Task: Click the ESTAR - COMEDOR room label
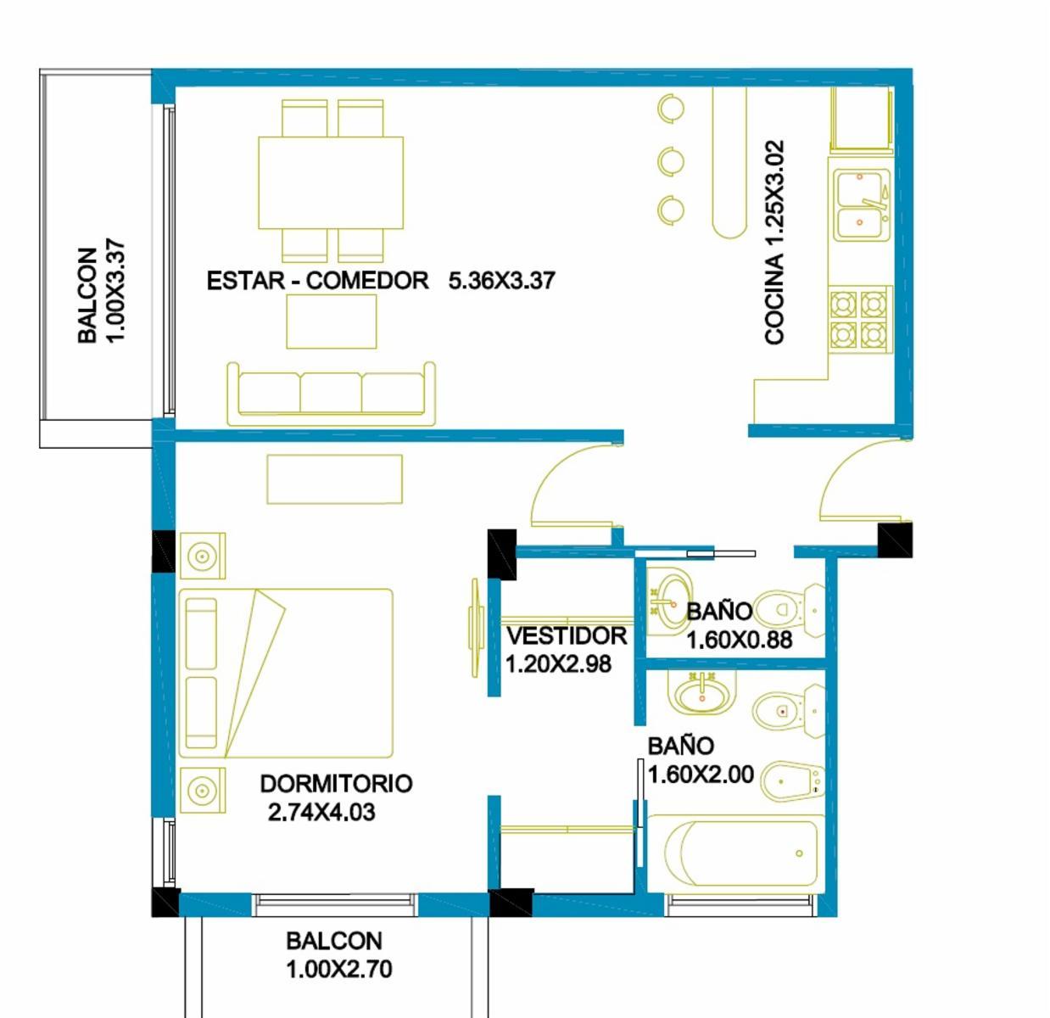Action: (318, 281)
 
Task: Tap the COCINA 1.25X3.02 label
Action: (774, 243)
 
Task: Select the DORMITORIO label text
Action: (336, 784)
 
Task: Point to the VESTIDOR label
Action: (567, 636)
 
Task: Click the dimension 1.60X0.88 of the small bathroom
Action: (740, 640)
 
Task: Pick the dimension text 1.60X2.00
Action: (701, 775)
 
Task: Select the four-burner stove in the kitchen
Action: (858, 320)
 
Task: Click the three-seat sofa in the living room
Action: (331, 394)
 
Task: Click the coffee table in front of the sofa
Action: (332, 322)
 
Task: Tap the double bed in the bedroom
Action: (286, 673)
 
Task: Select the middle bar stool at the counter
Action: (671, 160)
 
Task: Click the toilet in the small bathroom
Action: (789, 610)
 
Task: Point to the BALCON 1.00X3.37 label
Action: (102, 290)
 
